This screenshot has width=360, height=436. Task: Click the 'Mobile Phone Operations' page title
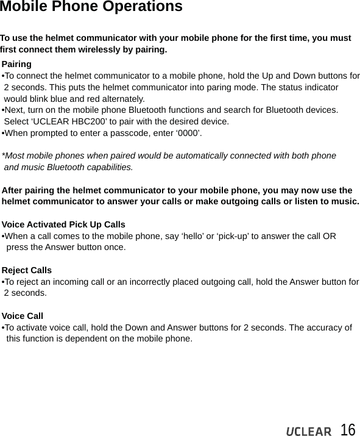pyautogui.click(x=91, y=7)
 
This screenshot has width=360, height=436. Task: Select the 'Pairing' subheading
pyautogui.click(x=17, y=64)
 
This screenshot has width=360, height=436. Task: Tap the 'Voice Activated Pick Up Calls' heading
pyautogui.click(x=63, y=224)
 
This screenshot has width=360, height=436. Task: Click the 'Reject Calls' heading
pyautogui.click(x=27, y=270)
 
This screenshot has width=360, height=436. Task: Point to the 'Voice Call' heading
pyautogui.click(x=23, y=316)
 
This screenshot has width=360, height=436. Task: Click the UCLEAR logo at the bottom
pyautogui.click(x=309, y=431)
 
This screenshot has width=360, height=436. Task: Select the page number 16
pyautogui.click(x=348, y=429)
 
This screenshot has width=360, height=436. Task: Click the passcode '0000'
pyautogui.click(x=189, y=133)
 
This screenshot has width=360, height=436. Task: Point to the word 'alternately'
pyautogui.click(x=122, y=99)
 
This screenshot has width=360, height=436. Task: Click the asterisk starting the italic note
pyautogui.click(x=4, y=155)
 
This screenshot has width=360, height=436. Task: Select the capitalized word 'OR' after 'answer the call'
pyautogui.click(x=329, y=236)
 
